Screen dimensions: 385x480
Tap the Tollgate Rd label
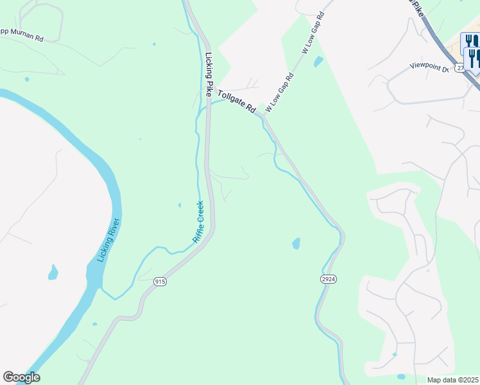click(237, 102)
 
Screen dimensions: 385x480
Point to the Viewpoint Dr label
click(429, 67)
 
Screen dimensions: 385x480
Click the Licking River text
click(108, 240)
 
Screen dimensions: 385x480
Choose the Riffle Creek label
click(198, 222)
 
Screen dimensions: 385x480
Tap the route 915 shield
click(160, 281)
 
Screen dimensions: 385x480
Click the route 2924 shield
click(328, 278)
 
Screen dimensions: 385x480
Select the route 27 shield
click(459, 67)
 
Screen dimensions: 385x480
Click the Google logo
click(21, 377)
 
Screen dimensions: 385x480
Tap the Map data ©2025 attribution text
click(453, 380)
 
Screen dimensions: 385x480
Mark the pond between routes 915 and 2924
click(296, 244)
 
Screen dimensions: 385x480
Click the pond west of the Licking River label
click(53, 273)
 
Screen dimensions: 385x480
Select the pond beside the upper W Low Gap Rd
click(318, 62)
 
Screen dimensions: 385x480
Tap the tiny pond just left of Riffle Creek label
click(180, 205)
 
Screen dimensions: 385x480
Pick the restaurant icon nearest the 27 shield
click(474, 59)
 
